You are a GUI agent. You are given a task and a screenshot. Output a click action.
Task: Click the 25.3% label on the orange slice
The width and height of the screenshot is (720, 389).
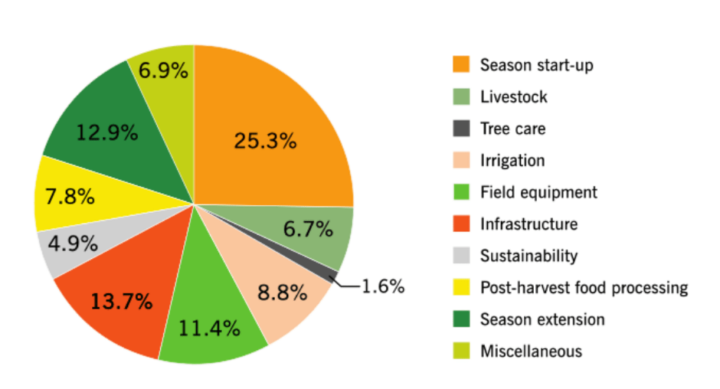(x=264, y=141)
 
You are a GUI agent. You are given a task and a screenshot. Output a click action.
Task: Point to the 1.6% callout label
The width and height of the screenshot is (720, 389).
(x=383, y=286)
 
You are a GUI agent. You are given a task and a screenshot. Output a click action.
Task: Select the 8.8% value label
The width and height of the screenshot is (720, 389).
(x=282, y=294)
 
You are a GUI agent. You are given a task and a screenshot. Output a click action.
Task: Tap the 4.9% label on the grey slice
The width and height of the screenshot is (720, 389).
(x=73, y=243)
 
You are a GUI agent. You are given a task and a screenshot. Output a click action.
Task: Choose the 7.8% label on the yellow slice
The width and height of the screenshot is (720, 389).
(x=69, y=197)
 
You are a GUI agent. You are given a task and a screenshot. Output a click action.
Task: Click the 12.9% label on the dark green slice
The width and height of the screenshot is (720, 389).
(x=107, y=132)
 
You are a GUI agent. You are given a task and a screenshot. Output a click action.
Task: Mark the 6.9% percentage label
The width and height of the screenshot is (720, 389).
(x=163, y=72)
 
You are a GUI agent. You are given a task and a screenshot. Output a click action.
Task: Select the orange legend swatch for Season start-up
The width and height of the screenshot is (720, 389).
(x=461, y=65)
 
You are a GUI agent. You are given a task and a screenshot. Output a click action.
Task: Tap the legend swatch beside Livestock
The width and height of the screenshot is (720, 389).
(x=461, y=97)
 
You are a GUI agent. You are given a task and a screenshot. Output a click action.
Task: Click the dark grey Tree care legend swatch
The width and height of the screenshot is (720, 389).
(x=461, y=128)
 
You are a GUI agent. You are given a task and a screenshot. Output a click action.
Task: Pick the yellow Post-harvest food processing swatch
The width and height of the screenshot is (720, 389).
(x=461, y=287)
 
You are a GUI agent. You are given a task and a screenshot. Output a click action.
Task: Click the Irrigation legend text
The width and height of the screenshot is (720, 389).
(x=512, y=161)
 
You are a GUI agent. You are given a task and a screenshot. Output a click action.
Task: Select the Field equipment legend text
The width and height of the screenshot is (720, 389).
(x=539, y=192)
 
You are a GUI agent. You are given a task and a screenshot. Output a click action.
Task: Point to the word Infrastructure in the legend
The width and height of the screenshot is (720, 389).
(x=529, y=224)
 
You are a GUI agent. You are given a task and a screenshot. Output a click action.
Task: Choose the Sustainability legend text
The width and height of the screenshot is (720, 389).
(x=529, y=255)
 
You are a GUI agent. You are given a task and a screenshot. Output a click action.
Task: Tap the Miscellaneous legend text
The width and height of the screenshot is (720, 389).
(x=530, y=351)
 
